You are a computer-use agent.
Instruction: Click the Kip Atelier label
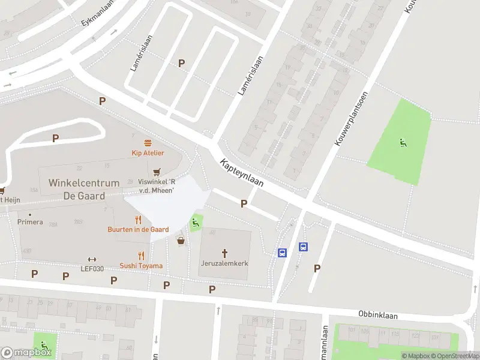pos(148,153)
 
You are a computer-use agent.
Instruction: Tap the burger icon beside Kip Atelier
pos(148,142)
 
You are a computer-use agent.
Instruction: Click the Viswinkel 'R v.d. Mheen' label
pos(156,186)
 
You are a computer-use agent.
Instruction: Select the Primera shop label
pos(30,222)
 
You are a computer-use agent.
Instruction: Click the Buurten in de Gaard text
pos(138,230)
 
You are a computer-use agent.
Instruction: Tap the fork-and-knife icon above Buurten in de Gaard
pos(138,219)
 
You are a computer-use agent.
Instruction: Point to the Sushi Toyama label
pos(141,266)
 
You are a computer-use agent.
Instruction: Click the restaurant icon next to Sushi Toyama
pos(142,255)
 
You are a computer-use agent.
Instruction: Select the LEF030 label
pos(92,268)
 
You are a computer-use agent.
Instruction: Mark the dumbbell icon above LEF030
pos(92,259)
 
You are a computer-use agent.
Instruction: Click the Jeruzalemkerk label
pos(225,263)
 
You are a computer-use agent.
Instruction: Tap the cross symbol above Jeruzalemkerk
pos(226,253)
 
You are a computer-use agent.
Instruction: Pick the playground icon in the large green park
pos(401,142)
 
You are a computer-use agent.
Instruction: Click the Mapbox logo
pos(26,353)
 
